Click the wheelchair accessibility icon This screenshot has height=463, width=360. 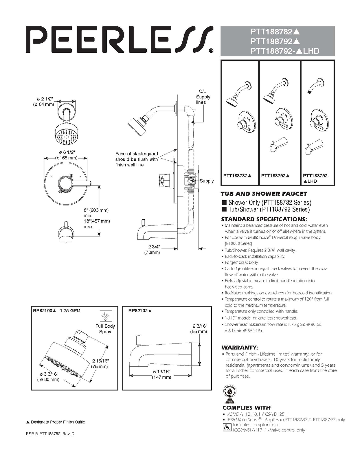click(227, 427)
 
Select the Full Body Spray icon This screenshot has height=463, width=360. click(106, 316)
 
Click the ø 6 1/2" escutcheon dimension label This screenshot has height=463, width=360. click(66, 155)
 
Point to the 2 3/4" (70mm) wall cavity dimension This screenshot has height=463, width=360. click(153, 249)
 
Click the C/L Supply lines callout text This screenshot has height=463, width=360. click(203, 97)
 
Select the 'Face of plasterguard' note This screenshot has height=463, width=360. click(136, 159)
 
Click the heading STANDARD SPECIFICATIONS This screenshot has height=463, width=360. click(264, 219)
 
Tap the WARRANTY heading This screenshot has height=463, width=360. click(240, 347)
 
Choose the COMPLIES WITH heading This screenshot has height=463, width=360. click(246, 407)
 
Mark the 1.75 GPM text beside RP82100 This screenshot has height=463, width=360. click(70, 310)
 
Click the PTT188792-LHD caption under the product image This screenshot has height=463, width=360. click(316, 178)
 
